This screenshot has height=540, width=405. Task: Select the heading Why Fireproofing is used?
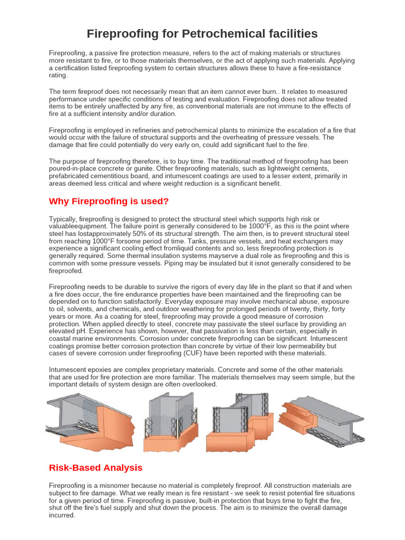(x=109, y=201)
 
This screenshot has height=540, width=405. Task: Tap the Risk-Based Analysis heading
(x=95, y=467)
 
